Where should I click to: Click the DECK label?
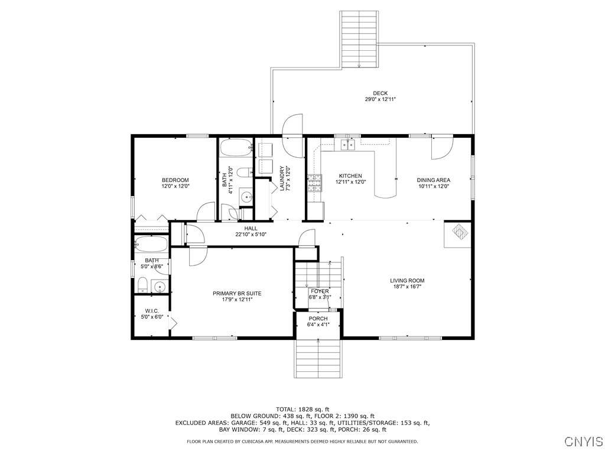coord(380,93)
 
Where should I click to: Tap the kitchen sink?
coord(348,144)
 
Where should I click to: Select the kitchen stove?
coord(314,183)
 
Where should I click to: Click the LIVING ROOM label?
coord(407,281)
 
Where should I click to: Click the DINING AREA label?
coord(433,180)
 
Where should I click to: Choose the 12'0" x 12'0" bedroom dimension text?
coord(175,186)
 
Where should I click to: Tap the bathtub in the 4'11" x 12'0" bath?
coord(236,147)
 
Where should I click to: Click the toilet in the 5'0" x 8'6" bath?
coord(143,285)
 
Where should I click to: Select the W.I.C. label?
coord(152,311)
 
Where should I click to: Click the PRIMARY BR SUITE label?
coord(237,293)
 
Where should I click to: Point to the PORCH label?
coord(318,319)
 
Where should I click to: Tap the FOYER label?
coord(320,291)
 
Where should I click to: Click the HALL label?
coord(251,228)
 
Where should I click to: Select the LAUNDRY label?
coord(282,179)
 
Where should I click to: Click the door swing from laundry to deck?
coord(292,135)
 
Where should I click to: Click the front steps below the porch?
coord(318,359)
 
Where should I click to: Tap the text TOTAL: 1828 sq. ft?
coord(302,409)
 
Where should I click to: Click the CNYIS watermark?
coord(584,441)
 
